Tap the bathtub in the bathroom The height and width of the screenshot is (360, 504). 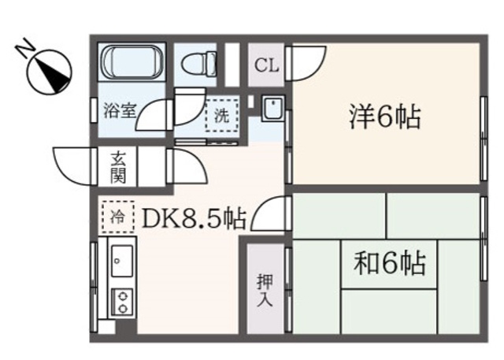(131, 61)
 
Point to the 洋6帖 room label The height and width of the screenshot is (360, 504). (384, 117)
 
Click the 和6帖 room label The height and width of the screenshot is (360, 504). (388, 263)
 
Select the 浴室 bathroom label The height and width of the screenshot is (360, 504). (120, 111)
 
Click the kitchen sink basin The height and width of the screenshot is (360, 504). (122, 260)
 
